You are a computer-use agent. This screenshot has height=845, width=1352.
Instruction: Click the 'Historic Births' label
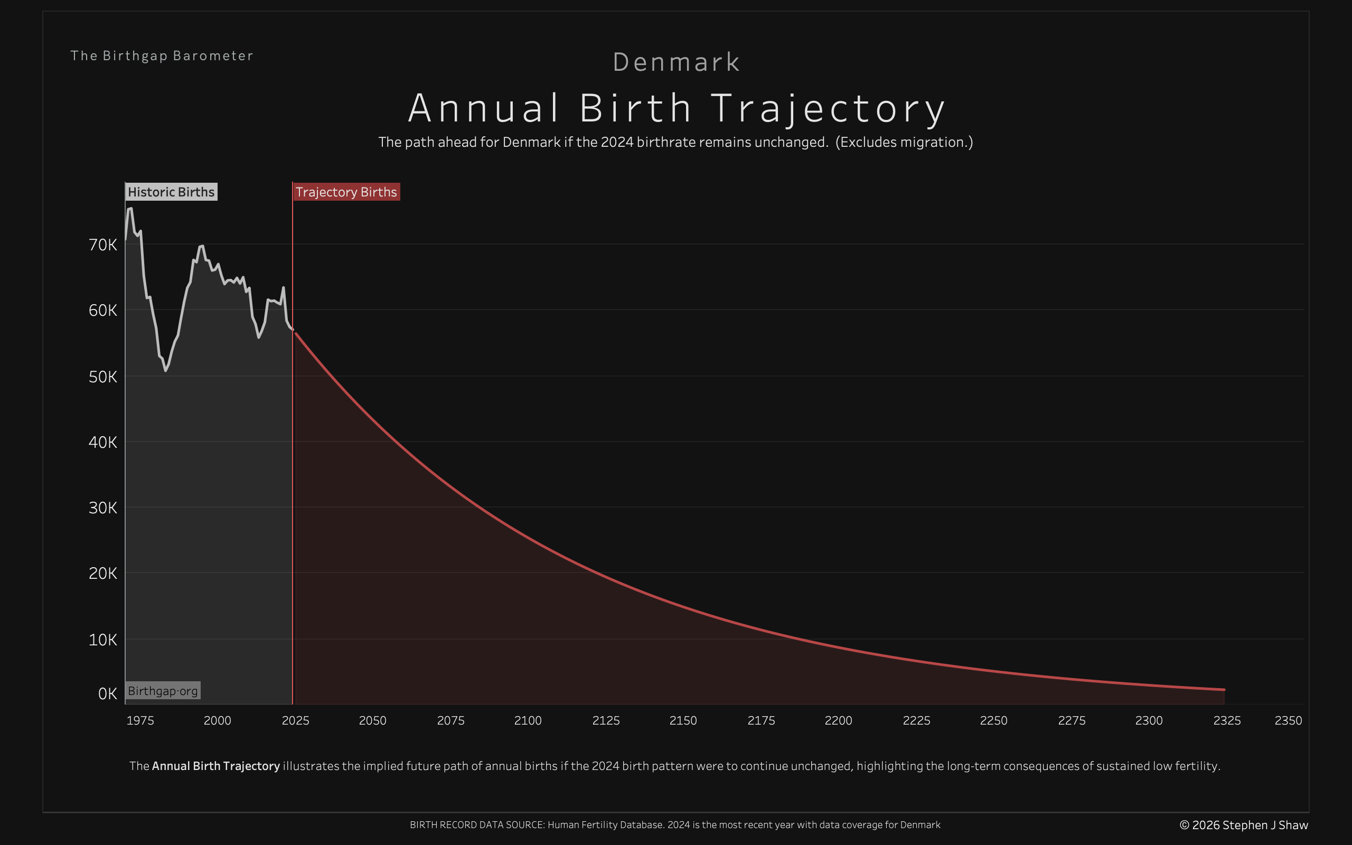[x=171, y=192]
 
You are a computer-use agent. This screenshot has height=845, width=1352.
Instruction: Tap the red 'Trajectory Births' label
[x=346, y=192]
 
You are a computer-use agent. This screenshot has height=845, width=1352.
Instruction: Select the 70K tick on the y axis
[x=103, y=245]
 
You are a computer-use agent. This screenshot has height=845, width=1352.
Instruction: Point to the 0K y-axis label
[x=107, y=693]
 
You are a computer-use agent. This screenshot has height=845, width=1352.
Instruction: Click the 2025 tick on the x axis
[x=295, y=720]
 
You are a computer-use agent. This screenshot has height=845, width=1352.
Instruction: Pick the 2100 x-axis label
[x=528, y=720]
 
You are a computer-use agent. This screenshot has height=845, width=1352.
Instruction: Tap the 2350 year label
[x=1288, y=720]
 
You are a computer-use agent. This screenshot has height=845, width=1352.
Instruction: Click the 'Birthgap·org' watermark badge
[x=163, y=691]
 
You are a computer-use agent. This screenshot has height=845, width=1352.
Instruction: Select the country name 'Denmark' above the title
[x=676, y=62]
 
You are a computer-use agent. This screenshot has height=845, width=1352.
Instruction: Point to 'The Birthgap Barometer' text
[x=162, y=56]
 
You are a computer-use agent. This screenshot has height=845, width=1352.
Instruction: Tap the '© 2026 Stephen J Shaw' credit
[x=1244, y=825]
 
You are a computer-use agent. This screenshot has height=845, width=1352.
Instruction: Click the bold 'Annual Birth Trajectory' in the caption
[x=215, y=766]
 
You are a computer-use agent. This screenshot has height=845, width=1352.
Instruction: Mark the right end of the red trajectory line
[x=1224, y=690]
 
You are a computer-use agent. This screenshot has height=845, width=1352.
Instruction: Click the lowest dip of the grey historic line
[x=165, y=370]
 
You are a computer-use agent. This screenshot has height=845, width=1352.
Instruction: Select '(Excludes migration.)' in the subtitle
[x=904, y=142]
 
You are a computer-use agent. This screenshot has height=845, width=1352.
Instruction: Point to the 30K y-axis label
[x=103, y=508]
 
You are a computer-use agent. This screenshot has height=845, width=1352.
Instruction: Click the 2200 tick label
[x=838, y=720]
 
